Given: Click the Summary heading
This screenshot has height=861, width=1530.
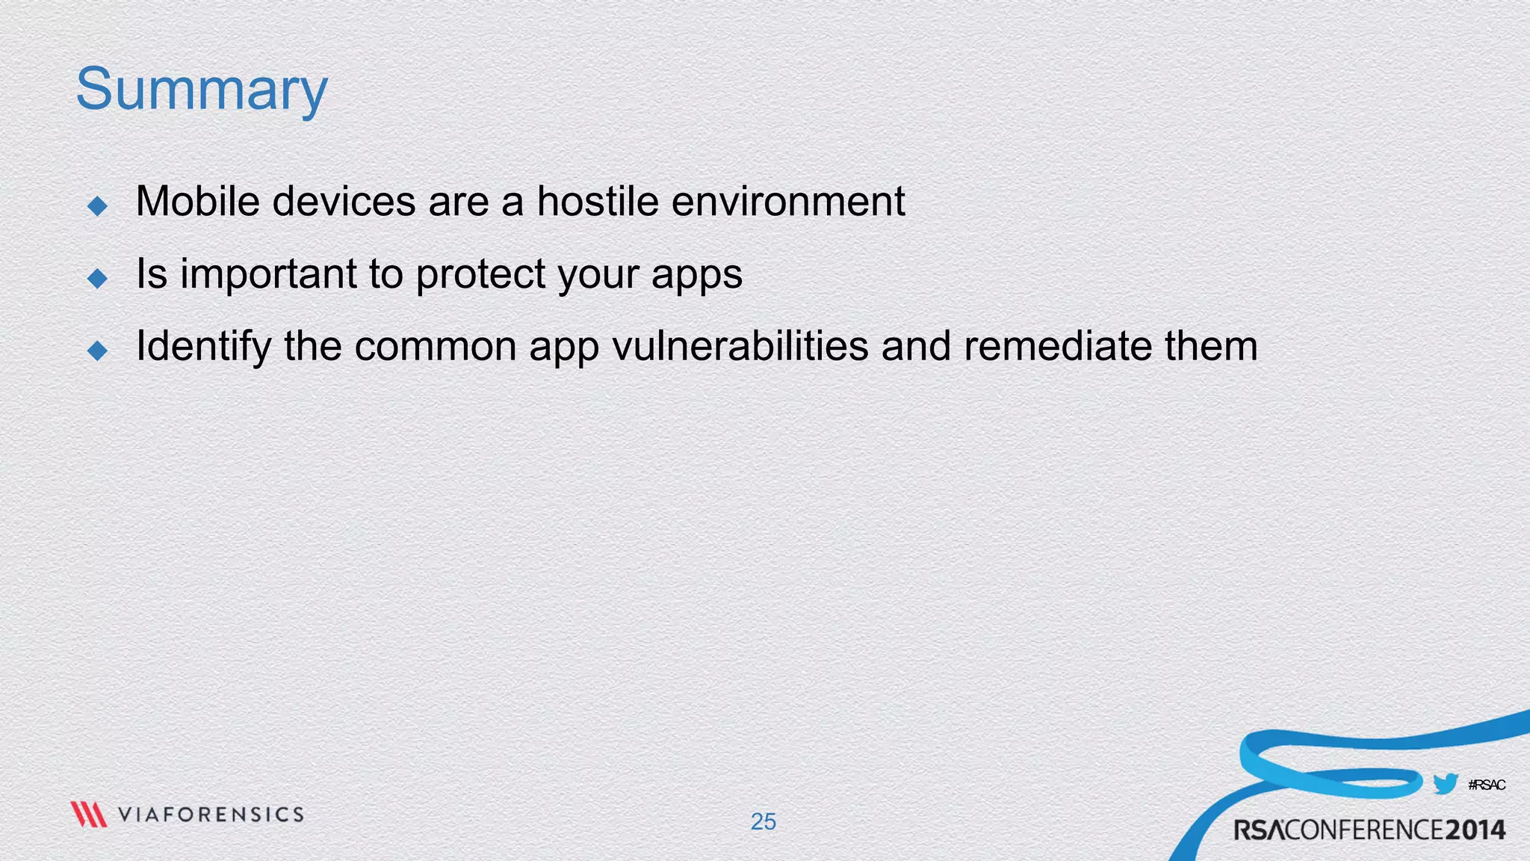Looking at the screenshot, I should click(x=202, y=90).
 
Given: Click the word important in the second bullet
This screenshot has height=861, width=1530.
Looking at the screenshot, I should click(x=267, y=274).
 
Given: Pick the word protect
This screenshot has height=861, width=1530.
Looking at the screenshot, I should click(x=480, y=274).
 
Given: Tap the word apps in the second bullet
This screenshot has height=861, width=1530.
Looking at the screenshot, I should click(x=697, y=275).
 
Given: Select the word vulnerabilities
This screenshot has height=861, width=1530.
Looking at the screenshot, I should click(x=740, y=346).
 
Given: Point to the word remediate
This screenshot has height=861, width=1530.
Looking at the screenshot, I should click(x=1057, y=346).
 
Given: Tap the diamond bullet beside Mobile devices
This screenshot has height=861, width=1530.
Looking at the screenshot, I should click(x=98, y=206).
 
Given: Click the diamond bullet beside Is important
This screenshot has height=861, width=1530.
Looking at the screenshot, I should click(x=98, y=278).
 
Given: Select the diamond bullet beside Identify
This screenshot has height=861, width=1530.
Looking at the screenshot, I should click(x=98, y=350).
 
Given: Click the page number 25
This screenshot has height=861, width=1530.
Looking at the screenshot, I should click(x=764, y=821).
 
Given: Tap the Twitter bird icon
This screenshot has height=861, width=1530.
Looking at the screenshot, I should click(x=1446, y=784).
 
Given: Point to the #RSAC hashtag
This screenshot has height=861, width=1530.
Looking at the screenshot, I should click(x=1487, y=785).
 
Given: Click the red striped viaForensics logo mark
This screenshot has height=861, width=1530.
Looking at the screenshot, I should click(x=89, y=814).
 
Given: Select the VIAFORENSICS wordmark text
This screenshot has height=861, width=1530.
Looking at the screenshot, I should click(x=211, y=814).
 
